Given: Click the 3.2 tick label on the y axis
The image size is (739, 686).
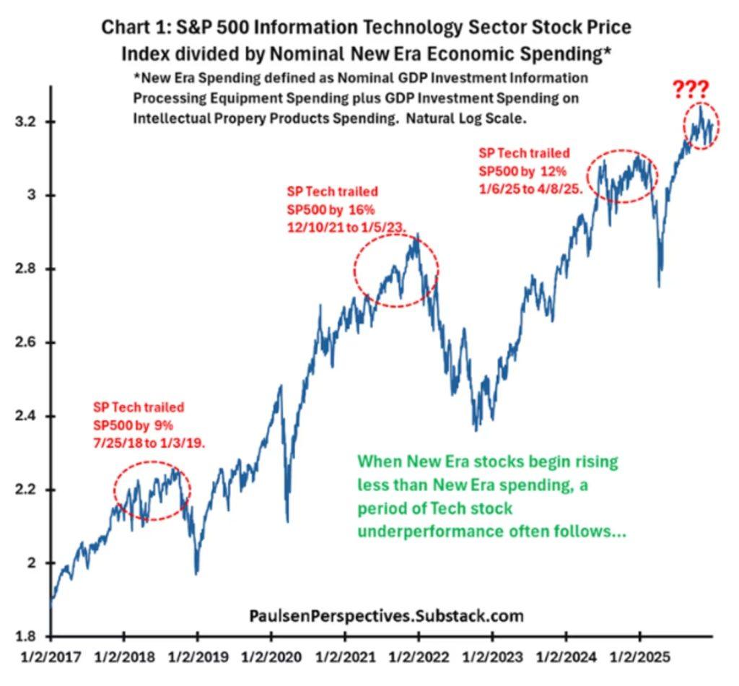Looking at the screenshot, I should [25, 121].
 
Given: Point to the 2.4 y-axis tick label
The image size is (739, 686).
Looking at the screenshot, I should [25, 416].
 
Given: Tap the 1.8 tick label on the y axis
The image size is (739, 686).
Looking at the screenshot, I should [25, 636].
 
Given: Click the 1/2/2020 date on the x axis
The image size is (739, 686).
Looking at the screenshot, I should [271, 658].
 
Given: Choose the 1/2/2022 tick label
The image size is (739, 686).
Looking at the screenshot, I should [419, 658].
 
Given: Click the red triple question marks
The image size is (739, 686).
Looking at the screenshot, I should [691, 90].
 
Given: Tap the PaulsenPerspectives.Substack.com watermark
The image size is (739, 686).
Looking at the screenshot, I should [386, 616].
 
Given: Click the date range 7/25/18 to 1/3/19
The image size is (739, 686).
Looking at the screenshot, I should [149, 443].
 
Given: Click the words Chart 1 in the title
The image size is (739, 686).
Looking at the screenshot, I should [133, 27].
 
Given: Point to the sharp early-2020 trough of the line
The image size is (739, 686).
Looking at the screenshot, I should [288, 520].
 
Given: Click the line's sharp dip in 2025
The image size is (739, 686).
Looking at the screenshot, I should [658, 286].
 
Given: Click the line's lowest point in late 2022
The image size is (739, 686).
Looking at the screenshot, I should [475, 430].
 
